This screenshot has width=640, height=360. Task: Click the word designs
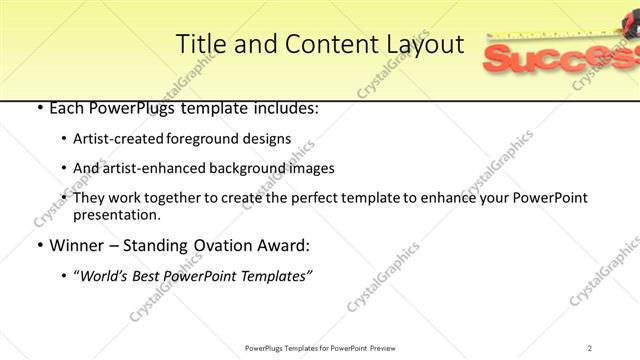pos(269,139)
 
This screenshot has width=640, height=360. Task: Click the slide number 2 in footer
pos(590,347)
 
